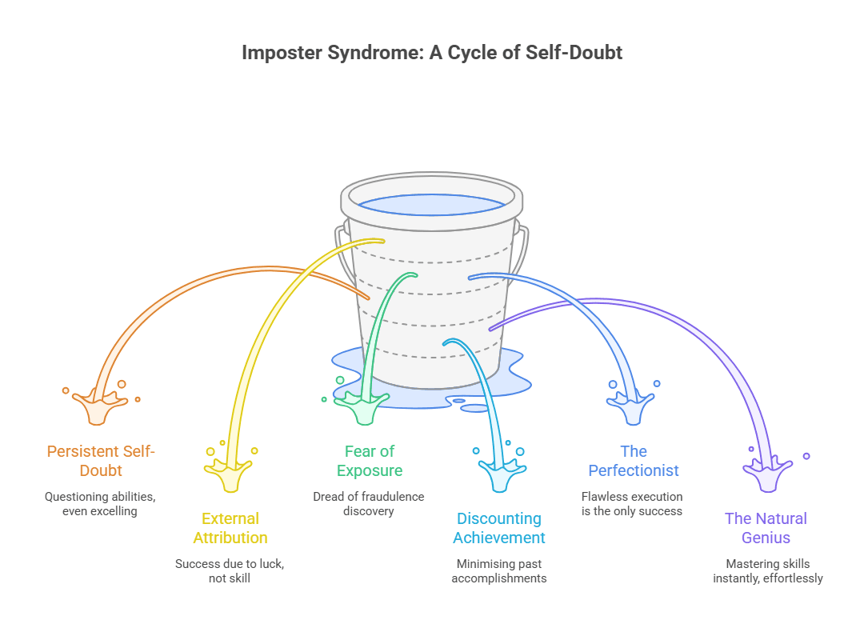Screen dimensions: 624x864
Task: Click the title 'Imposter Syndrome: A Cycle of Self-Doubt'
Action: click(x=432, y=54)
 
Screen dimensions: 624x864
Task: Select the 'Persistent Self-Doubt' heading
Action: click(x=101, y=461)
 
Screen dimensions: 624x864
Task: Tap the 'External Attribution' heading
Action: click(x=230, y=528)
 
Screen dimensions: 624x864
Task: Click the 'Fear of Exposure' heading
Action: click(x=370, y=461)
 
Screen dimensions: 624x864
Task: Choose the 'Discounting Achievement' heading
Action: click(x=499, y=528)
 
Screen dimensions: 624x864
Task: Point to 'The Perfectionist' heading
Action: click(x=634, y=461)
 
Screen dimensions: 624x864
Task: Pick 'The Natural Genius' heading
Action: click(x=766, y=528)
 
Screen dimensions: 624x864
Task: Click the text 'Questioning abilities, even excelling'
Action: click(x=100, y=503)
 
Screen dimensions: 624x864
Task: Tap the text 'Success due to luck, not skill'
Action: click(x=230, y=570)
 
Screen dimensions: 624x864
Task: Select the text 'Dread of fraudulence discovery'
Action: click(x=369, y=503)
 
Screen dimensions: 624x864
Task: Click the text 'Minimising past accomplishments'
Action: click(x=499, y=570)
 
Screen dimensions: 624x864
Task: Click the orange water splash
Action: click(x=99, y=406)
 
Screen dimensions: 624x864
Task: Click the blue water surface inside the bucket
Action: click(x=432, y=205)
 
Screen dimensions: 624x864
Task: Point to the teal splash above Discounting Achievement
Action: click(x=500, y=473)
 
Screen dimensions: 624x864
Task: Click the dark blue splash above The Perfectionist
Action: click(x=633, y=406)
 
